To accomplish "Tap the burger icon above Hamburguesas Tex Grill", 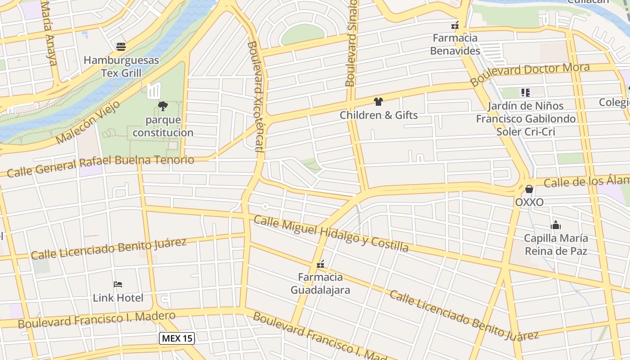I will click(x=121, y=46).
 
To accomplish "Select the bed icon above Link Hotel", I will click(x=118, y=284).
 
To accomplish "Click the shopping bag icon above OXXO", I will click(x=529, y=189).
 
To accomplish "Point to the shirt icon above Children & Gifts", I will click(x=378, y=102).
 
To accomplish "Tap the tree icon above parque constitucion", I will click(x=163, y=106).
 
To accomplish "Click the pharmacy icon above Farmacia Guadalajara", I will click(x=320, y=264).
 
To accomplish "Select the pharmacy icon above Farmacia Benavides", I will click(x=455, y=25).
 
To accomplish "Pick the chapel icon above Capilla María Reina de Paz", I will click(x=556, y=225).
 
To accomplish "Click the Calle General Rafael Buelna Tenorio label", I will click(x=100, y=165).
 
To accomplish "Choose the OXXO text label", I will click(x=529, y=202).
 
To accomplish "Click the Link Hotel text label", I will click(x=118, y=298).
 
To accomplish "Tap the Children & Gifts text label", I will click(x=378, y=115).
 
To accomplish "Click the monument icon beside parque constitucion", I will click(x=154, y=90).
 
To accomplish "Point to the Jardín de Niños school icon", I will click(x=525, y=93).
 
